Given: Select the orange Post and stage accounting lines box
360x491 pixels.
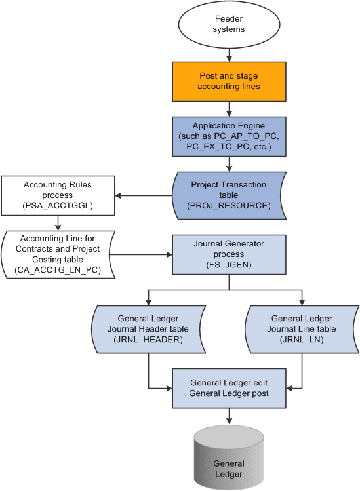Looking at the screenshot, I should (x=229, y=81).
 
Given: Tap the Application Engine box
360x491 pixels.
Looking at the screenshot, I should (x=229, y=136).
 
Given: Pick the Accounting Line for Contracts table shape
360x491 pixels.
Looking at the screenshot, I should (x=57, y=254).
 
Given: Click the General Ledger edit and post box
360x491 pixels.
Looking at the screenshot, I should (x=229, y=387).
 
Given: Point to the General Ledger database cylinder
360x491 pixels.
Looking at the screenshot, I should (x=229, y=462).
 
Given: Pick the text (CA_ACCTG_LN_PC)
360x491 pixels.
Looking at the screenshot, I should (x=58, y=269).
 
